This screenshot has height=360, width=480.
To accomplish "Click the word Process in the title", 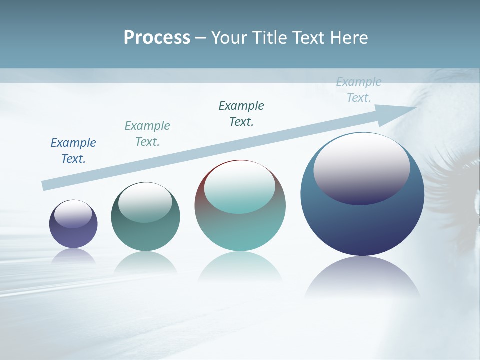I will [x=157, y=38].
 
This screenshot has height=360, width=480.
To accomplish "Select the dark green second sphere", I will [x=145, y=235].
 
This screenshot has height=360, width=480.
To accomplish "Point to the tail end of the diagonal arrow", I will [x=45, y=185].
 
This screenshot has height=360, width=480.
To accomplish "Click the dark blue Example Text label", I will [x=73, y=151].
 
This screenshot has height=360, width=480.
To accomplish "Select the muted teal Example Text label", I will [x=147, y=134].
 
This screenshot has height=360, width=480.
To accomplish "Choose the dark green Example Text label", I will [x=241, y=114].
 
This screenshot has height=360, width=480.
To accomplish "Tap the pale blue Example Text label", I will [x=359, y=90].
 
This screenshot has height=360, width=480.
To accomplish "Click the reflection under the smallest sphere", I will [x=73, y=256].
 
